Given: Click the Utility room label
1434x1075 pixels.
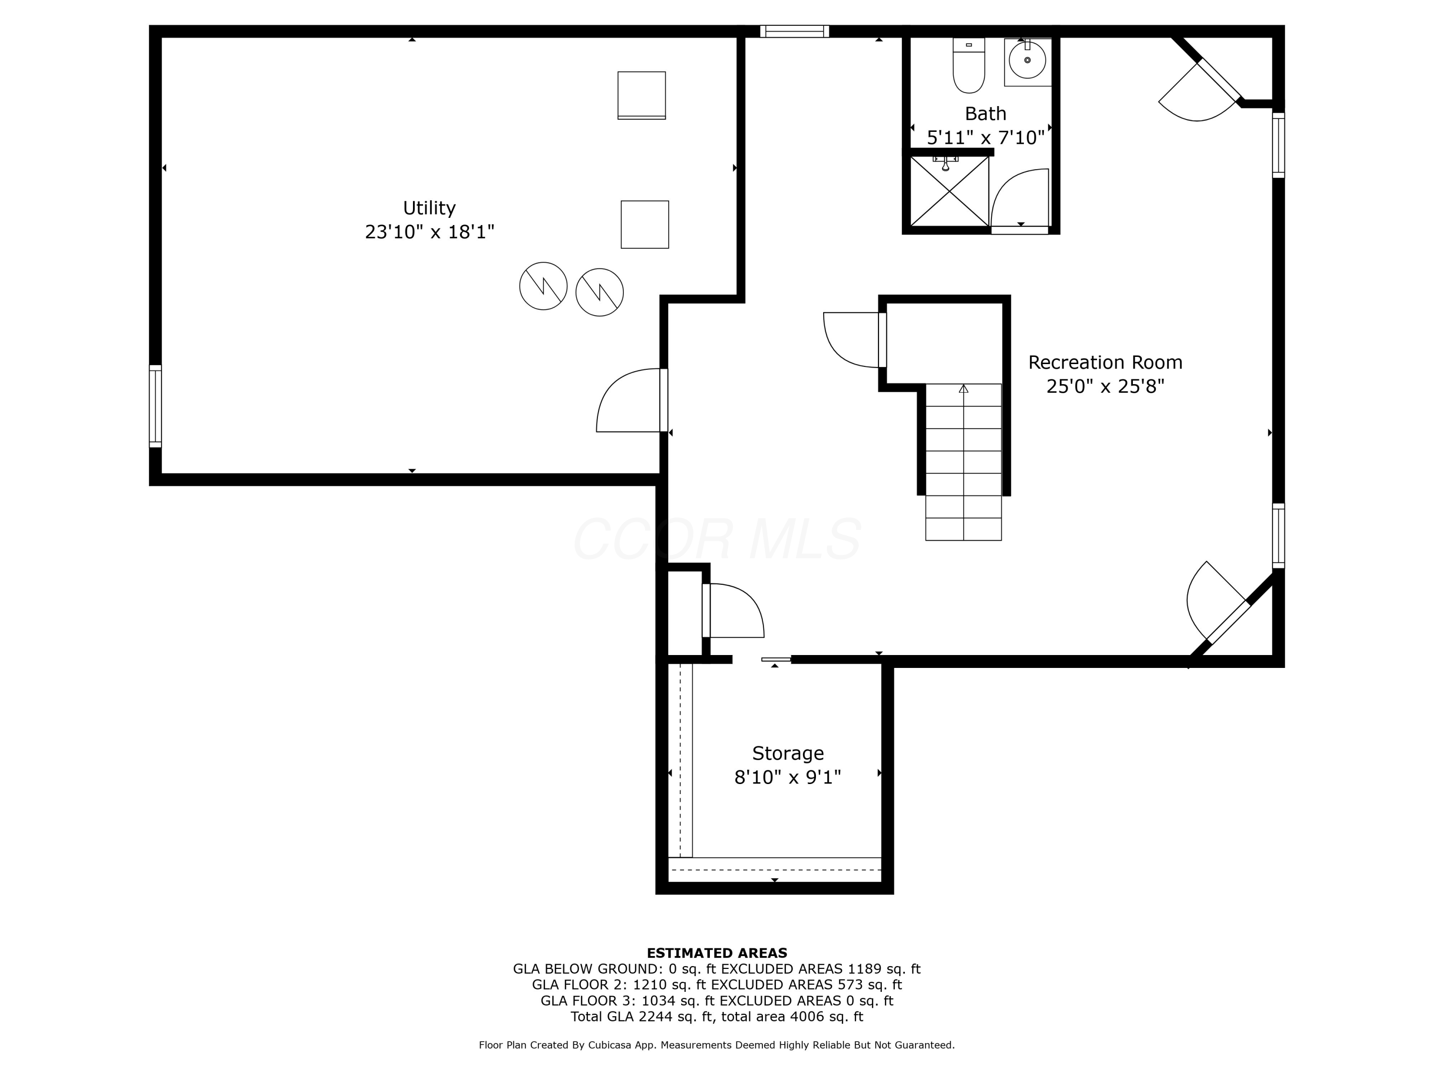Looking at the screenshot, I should (x=429, y=208).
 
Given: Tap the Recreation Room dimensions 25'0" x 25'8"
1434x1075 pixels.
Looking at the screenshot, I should (x=1105, y=386).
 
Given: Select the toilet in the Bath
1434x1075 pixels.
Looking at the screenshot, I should (x=968, y=66).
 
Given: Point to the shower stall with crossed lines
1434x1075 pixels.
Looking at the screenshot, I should (x=949, y=191).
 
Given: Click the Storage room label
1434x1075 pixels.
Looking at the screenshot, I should (x=788, y=753).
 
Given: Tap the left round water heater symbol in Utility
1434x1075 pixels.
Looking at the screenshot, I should (x=543, y=286).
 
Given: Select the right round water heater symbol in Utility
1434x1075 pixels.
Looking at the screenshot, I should (x=600, y=292).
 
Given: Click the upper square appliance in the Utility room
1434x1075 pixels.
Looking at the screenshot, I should (x=641, y=95).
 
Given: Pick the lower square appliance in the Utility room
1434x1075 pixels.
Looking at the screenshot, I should (x=644, y=224).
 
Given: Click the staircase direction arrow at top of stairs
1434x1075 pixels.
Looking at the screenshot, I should (x=963, y=389).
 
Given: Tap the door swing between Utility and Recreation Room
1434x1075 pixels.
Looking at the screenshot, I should (x=626, y=402).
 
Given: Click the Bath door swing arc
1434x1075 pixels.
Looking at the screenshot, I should (x=1018, y=198).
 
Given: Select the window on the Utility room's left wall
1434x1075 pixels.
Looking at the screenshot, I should (x=155, y=406).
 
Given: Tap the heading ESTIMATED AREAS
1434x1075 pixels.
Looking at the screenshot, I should (x=717, y=953).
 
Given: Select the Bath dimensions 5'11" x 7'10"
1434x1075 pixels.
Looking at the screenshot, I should (x=985, y=138).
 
